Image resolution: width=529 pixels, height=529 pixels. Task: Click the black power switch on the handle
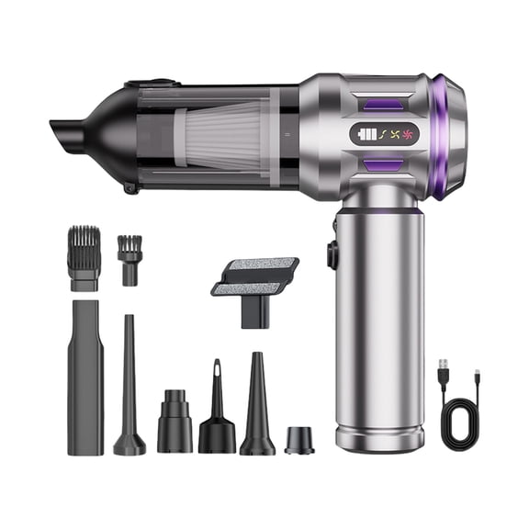click(330, 254)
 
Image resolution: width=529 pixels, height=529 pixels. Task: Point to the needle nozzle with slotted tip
click(217, 409)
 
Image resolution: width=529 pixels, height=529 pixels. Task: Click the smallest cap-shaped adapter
click(298, 438)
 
